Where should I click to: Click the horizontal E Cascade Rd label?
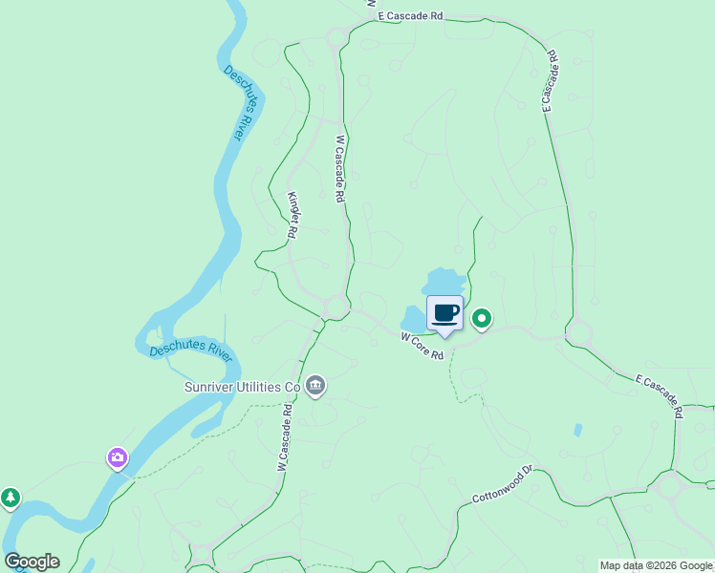(412, 16)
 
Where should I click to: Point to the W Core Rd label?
(422, 346)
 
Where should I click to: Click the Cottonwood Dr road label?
(502, 487)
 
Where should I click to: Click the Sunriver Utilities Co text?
(242, 387)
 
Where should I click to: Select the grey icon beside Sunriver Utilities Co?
(315, 386)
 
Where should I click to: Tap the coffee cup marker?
(444, 313)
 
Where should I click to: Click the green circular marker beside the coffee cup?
(483, 319)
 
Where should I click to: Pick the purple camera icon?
(118, 458)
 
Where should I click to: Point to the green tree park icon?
(10, 498)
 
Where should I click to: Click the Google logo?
(32, 562)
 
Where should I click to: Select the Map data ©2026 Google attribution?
(656, 565)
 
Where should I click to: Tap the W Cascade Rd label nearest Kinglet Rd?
(339, 169)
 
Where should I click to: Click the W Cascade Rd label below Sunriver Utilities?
(284, 437)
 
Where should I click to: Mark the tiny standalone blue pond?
(578, 431)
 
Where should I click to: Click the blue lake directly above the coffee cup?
(444, 283)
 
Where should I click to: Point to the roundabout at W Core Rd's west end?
(336, 307)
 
